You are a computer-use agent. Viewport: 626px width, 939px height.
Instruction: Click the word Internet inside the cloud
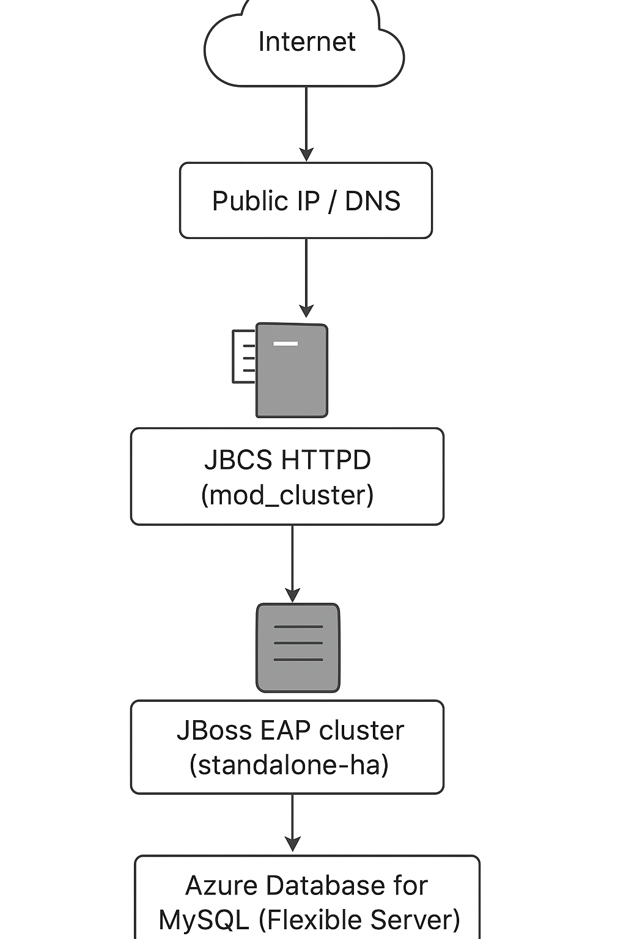coord(306,42)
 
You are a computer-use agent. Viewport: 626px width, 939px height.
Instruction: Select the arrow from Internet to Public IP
coord(306,122)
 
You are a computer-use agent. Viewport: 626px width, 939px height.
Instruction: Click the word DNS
coord(372,201)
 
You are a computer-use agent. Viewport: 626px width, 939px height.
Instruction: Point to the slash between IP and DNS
coord(332,202)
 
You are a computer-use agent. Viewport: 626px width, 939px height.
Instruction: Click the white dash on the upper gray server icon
coord(285,344)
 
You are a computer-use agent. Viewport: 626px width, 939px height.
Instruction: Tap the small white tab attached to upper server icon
coord(243,357)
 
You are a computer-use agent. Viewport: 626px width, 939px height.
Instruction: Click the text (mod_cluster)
coord(287,495)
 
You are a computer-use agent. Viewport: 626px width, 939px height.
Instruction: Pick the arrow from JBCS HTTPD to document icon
coord(292,562)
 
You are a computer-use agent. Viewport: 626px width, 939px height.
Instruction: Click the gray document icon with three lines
coord(298,648)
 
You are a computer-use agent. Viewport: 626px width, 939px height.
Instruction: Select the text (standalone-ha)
coord(289,765)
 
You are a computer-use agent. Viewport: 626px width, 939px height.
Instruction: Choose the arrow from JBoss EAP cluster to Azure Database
coord(292,822)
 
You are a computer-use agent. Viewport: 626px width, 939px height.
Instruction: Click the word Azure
coord(219,885)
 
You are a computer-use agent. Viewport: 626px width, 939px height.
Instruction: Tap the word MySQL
coord(204,920)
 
